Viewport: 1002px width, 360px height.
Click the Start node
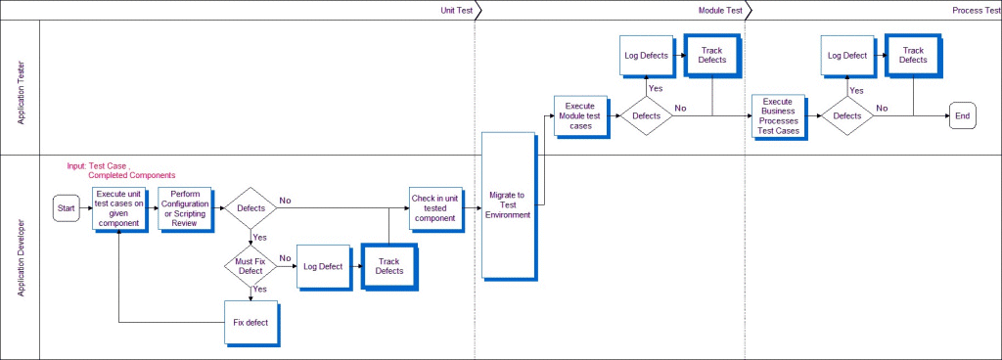67,207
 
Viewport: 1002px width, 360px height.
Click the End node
962,116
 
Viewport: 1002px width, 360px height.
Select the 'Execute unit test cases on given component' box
118,208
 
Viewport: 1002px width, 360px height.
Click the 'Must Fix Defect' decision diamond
250,264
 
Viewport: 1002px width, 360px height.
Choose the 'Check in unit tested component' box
434,208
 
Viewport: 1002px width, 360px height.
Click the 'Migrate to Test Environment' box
507,206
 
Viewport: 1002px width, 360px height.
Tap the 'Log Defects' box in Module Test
646,56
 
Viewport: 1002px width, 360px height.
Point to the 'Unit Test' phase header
458,9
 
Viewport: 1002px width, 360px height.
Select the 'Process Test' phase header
974,9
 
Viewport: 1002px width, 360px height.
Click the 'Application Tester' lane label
21,88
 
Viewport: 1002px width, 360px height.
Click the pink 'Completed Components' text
132,175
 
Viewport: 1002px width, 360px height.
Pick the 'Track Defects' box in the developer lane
389,265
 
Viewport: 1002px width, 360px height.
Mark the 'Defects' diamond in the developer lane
250,207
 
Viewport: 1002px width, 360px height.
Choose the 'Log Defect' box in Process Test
846,56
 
